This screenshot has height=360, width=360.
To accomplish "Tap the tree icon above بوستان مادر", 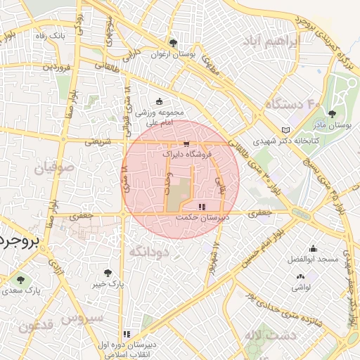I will tap(332, 114).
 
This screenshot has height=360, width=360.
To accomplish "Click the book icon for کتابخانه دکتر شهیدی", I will tap(285, 130).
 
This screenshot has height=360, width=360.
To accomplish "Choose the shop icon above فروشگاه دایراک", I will tap(186, 142).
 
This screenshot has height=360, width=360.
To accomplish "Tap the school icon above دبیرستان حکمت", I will tap(202, 207).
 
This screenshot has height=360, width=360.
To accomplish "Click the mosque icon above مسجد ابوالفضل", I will tap(312, 249).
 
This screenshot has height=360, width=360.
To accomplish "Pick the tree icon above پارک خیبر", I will tap(108, 273).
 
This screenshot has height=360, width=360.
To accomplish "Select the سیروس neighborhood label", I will tap(82, 318).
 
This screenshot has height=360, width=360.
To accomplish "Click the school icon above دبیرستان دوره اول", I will tap(127, 335).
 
